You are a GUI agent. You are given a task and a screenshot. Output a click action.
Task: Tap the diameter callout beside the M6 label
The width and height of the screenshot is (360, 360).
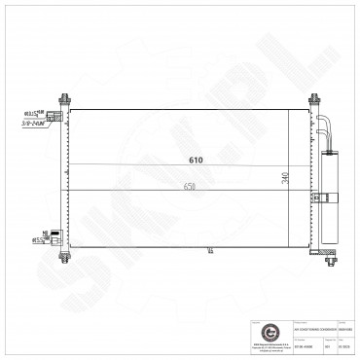37,238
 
